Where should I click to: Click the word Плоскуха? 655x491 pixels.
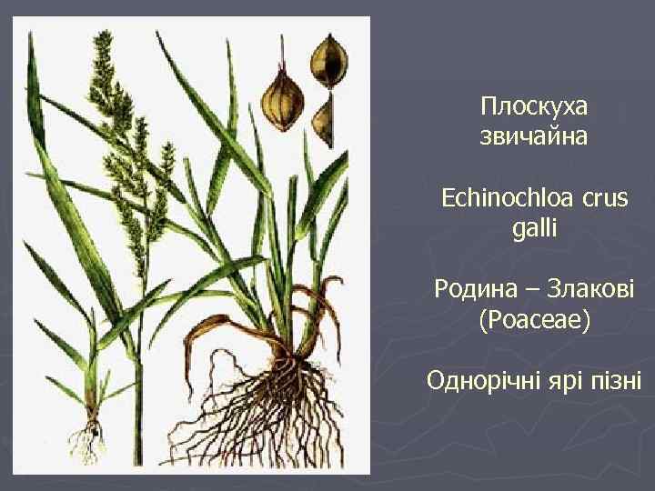pos(534,107)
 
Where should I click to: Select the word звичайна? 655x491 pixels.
pos(534,138)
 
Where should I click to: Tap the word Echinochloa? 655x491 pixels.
pos(500,198)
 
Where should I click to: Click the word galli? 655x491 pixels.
pos(534,228)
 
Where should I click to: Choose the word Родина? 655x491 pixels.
pos(470,289)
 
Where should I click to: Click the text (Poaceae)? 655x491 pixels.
pos(534,320)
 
